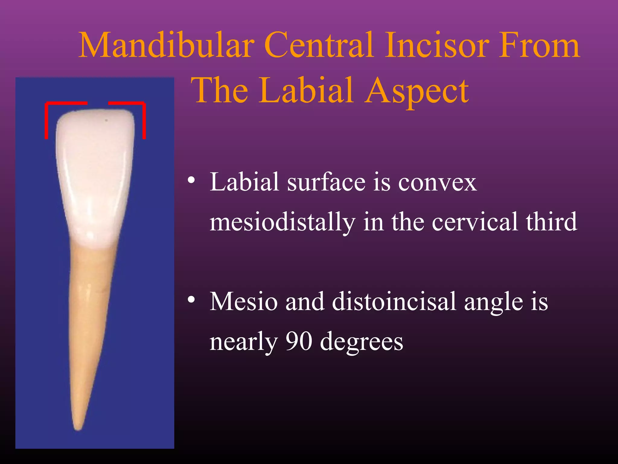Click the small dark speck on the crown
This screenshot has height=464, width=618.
pyautogui.click(x=106, y=120)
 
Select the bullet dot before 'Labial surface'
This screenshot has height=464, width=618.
pyautogui.click(x=191, y=181)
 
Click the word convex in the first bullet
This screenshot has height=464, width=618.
pyautogui.click(x=437, y=183)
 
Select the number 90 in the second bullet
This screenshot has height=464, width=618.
pyautogui.click(x=298, y=341)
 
